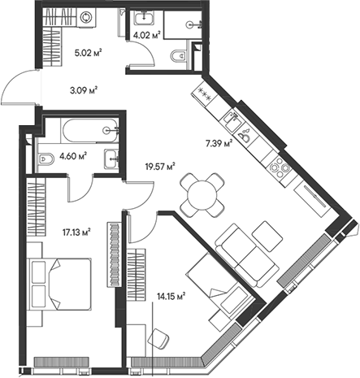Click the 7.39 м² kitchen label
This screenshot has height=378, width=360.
(219, 143)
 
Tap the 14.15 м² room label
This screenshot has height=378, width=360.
(171, 296)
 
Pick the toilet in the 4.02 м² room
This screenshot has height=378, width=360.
(177, 56)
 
